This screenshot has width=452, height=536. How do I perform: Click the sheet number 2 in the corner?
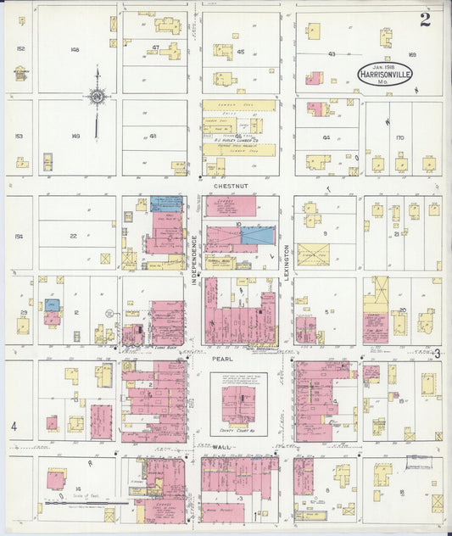tap(424, 20)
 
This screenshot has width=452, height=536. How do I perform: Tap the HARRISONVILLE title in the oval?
tap(385, 75)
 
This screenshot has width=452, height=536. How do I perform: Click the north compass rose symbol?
tap(98, 96)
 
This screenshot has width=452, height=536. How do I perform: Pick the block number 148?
tap(75, 50)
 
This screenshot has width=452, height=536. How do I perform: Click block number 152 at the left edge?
tap(20, 49)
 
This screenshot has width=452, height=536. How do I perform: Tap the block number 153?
tap(20, 136)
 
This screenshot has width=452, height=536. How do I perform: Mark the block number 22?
tap(74, 237)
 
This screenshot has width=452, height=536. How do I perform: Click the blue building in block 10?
tap(257, 235)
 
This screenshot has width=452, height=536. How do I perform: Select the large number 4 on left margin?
tap(14, 426)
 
